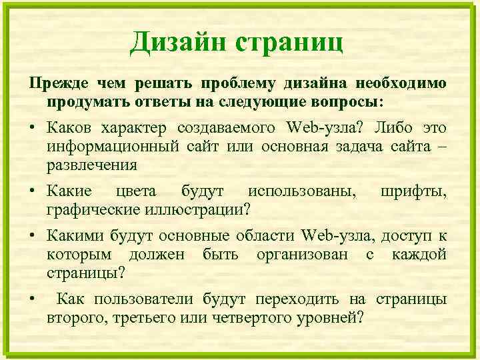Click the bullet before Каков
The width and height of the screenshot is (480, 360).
pos(31,128)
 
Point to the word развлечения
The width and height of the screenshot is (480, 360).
pos(92,164)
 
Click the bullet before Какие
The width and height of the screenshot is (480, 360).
pos(31,193)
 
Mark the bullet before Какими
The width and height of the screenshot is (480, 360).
pos(31,237)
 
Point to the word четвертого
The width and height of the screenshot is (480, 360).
pos(245,317)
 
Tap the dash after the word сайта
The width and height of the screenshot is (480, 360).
pos(441,146)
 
